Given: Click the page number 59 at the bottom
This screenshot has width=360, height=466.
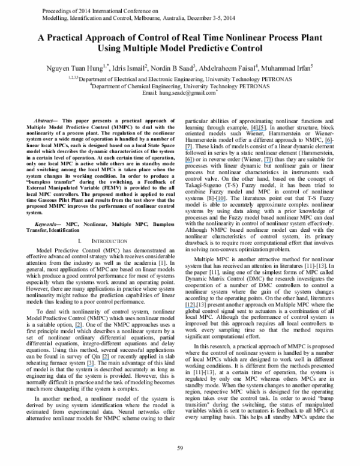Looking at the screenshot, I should click(x=179, y=447).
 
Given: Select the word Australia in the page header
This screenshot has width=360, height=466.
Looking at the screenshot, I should click(x=182, y=19).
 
